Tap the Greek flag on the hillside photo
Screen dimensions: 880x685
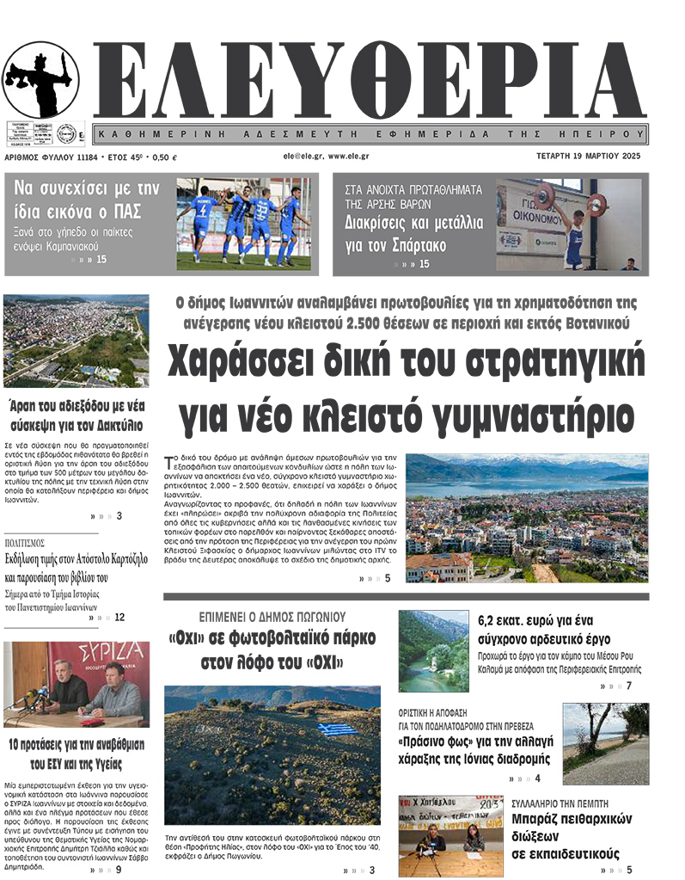[338, 729]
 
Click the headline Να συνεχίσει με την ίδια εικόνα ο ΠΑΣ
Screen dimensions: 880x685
[87, 198]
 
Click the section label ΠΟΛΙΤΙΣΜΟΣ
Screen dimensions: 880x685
[27, 545]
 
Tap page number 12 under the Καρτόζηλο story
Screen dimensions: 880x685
[119, 617]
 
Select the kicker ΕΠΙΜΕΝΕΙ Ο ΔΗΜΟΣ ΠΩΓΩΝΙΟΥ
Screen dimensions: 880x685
[272, 617]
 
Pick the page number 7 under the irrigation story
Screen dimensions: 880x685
[628, 686]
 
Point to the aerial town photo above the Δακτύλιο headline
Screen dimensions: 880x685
[76, 341]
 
